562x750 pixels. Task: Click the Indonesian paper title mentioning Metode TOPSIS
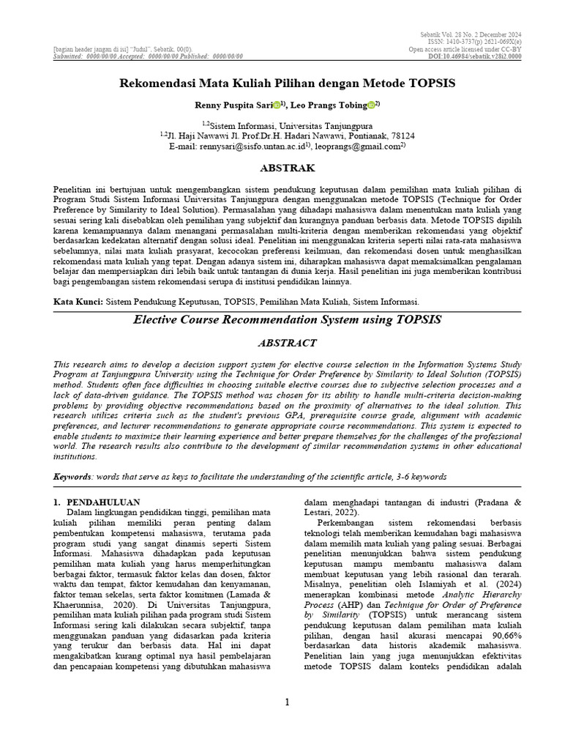(287, 83)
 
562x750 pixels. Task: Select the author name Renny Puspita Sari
(227, 105)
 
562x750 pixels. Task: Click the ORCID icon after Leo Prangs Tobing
(371, 105)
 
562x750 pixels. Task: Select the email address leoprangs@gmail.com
(357, 146)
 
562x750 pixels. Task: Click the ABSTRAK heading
(287, 168)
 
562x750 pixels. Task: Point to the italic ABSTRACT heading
(287, 343)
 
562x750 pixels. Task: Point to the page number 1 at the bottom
(287, 703)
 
